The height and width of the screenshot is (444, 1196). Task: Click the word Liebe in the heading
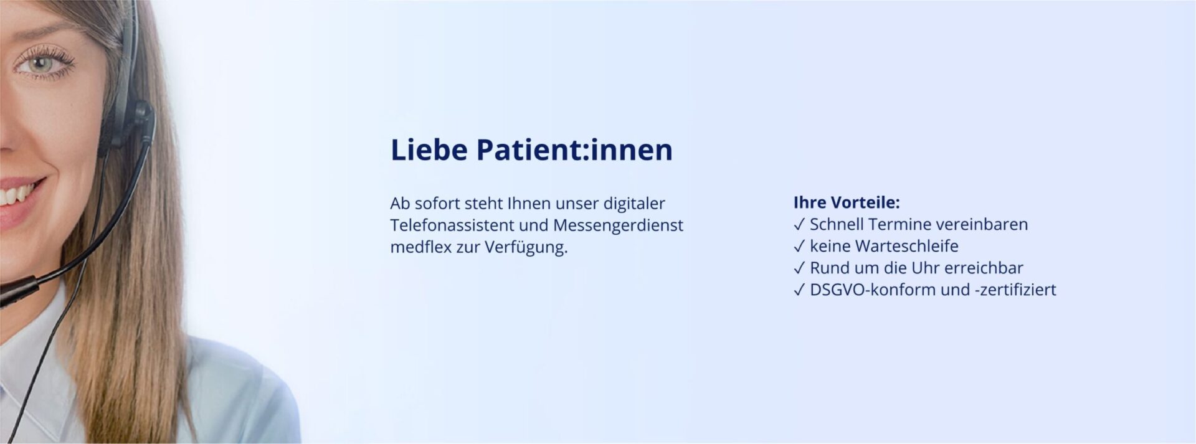tap(429, 150)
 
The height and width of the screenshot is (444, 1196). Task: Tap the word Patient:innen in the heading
tap(574, 150)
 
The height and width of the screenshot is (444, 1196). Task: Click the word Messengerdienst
tap(618, 225)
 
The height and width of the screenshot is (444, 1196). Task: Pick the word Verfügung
tap(526, 247)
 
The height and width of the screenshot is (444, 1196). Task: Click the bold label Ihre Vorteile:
tap(847, 202)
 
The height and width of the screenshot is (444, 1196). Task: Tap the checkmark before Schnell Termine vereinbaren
tap(799, 225)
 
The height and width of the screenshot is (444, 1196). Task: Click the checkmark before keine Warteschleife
tap(799, 247)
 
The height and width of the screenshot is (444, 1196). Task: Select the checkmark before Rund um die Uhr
tap(799, 268)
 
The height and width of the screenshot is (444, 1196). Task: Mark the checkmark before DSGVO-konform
tap(799, 290)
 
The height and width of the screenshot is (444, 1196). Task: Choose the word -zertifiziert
tap(1015, 290)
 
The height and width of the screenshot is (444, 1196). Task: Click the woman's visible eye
tap(41, 64)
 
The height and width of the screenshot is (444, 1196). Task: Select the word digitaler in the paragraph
tap(634, 204)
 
